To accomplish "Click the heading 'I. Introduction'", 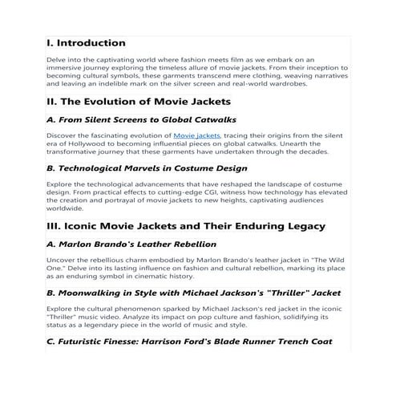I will (87, 42).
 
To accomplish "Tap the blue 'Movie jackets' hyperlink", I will (196, 136).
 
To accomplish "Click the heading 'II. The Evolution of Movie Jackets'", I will (139, 102).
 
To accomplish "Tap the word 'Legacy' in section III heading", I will (301, 227).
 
